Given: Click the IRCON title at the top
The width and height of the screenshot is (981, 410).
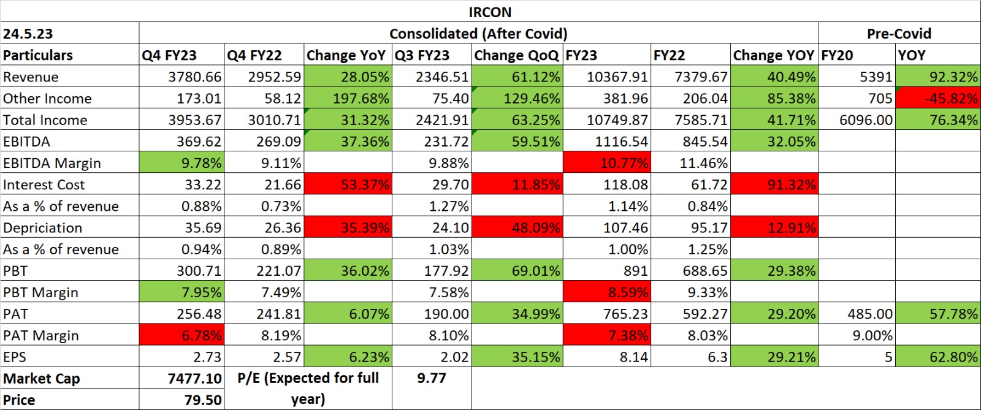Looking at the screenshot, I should (x=490, y=12).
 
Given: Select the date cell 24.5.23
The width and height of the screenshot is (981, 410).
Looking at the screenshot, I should (x=28, y=34).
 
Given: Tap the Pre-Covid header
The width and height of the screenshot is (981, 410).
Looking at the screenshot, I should (x=899, y=34).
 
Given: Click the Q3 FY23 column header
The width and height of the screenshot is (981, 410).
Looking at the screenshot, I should (x=422, y=55).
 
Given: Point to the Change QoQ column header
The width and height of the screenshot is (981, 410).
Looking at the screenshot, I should (x=516, y=55).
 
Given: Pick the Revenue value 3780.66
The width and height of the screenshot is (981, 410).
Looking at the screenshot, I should (x=195, y=77).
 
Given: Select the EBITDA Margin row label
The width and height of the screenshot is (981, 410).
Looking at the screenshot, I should (x=52, y=163).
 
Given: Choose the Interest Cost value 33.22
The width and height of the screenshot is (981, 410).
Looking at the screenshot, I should (x=203, y=184).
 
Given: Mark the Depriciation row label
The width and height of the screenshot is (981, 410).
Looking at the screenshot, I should (x=42, y=228).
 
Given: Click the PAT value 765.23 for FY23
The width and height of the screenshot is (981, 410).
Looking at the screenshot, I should (x=625, y=314).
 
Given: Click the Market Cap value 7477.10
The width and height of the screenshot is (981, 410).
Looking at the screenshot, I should (x=194, y=379).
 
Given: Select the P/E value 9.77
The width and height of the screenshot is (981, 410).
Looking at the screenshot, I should (x=431, y=378).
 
